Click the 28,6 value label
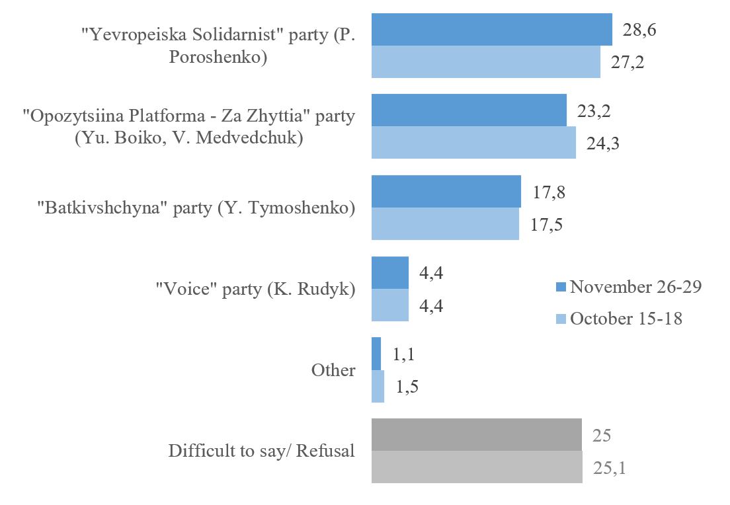(639, 30)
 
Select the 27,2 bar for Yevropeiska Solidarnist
(486, 62)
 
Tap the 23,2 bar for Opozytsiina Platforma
(469, 110)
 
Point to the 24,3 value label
(602, 143)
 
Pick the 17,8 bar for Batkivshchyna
(446, 192)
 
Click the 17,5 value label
(546, 224)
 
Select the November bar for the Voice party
(390, 273)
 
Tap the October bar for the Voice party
(390, 305)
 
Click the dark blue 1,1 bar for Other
(376, 354)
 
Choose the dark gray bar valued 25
(477, 435)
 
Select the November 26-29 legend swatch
(560, 288)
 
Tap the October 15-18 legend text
(626, 319)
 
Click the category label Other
(333, 370)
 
